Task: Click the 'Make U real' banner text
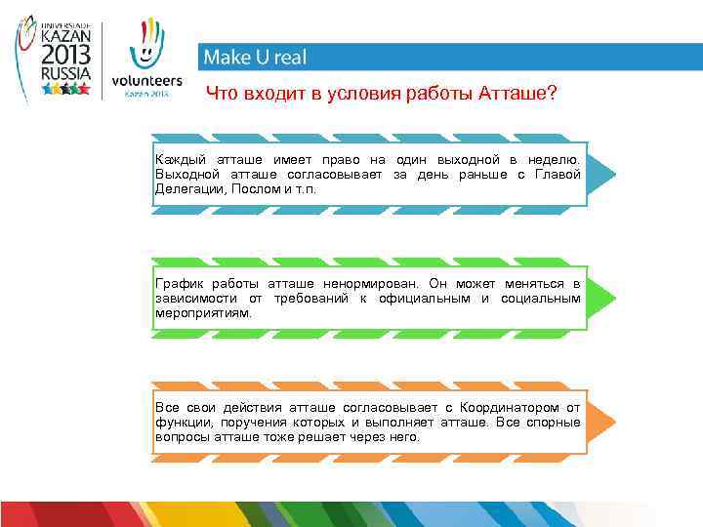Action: (x=254, y=58)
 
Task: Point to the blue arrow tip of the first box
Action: (x=604, y=174)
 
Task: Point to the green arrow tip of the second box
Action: (x=604, y=298)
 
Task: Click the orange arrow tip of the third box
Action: (x=604, y=422)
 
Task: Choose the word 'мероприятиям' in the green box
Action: (x=202, y=313)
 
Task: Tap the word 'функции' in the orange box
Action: (x=182, y=422)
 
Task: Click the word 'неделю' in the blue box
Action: (x=558, y=158)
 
